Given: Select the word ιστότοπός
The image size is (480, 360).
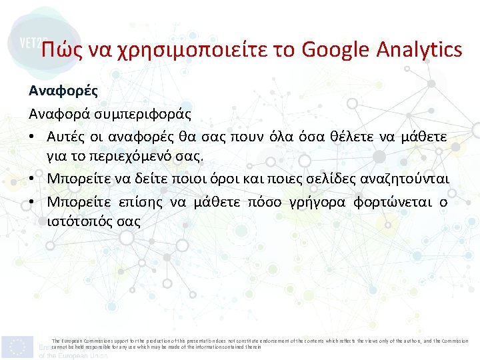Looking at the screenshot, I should (79, 221).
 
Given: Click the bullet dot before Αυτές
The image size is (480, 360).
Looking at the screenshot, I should (31, 136).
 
